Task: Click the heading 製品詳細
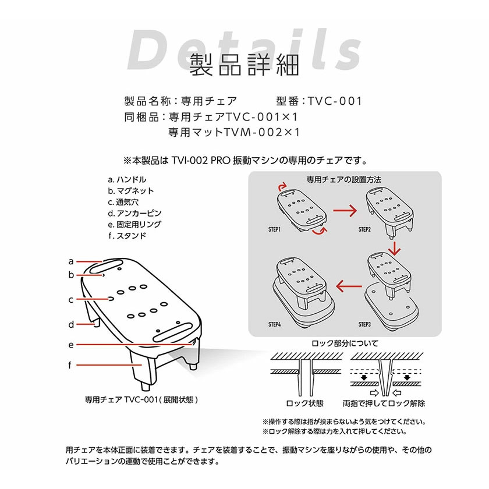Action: [244, 65]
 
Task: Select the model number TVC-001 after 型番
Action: [335, 101]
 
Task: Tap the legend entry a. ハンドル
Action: [127, 180]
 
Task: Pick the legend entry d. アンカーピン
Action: [134, 213]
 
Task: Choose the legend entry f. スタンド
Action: [127, 236]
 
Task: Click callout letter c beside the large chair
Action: [71, 300]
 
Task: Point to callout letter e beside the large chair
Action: [71, 345]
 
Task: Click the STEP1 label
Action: [274, 229]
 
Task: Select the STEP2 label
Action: [364, 229]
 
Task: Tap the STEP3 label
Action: [364, 324]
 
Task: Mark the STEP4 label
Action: [274, 324]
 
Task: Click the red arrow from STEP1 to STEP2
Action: [345, 211]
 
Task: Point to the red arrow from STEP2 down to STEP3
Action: [395, 248]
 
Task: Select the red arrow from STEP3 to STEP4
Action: [349, 286]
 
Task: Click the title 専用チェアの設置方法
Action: [343, 180]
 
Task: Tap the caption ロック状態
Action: [304, 403]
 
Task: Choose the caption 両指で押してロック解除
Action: [384, 403]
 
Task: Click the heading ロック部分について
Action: [345, 343]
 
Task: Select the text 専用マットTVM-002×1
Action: [234, 132]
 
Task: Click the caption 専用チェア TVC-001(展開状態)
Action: [141, 399]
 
